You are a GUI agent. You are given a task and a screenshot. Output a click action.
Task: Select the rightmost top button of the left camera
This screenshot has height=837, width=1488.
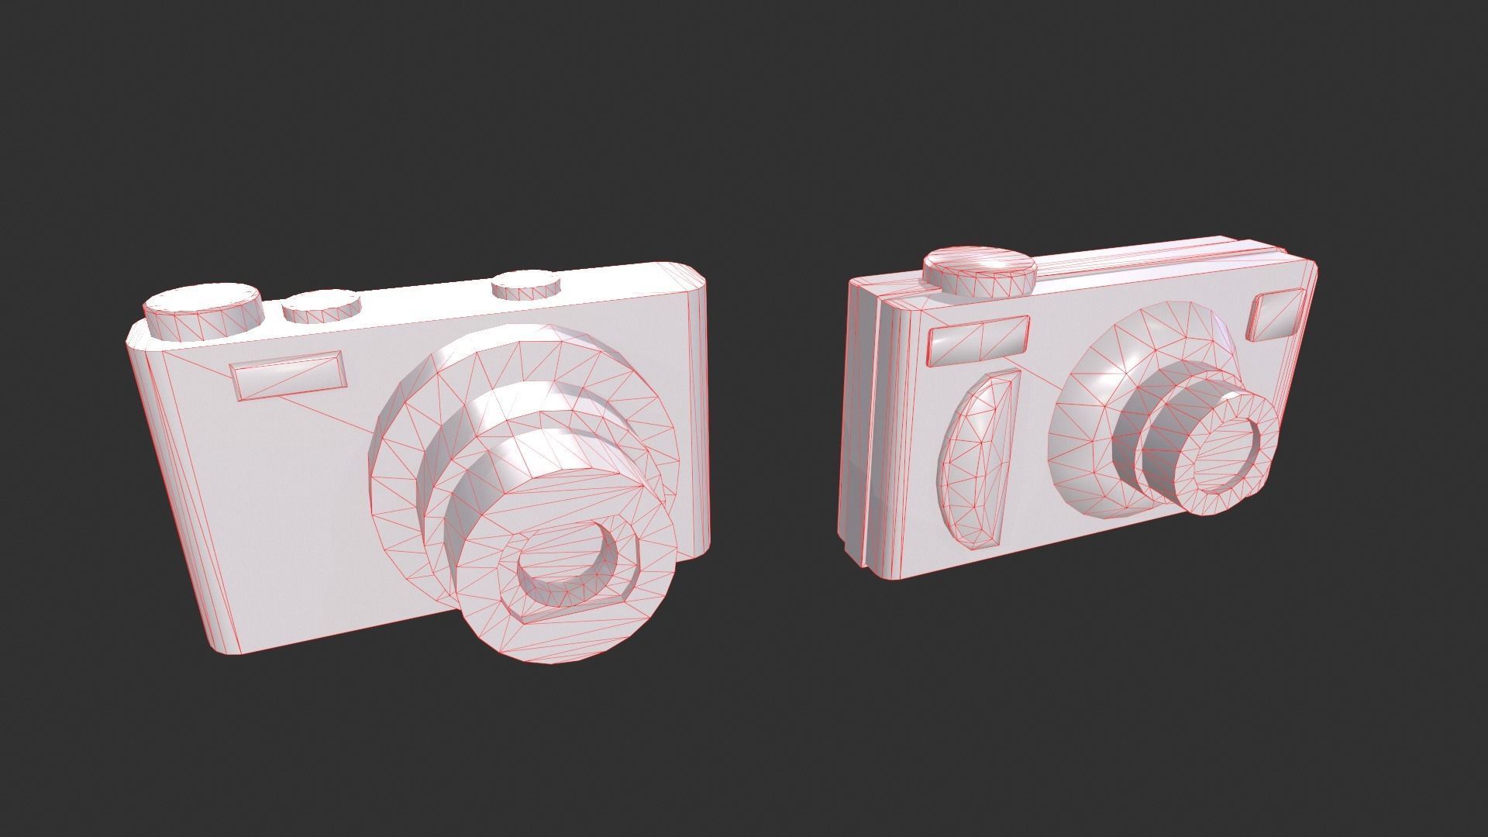(527, 284)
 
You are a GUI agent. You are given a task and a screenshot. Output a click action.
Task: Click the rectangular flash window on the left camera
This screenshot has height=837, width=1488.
(288, 375)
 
